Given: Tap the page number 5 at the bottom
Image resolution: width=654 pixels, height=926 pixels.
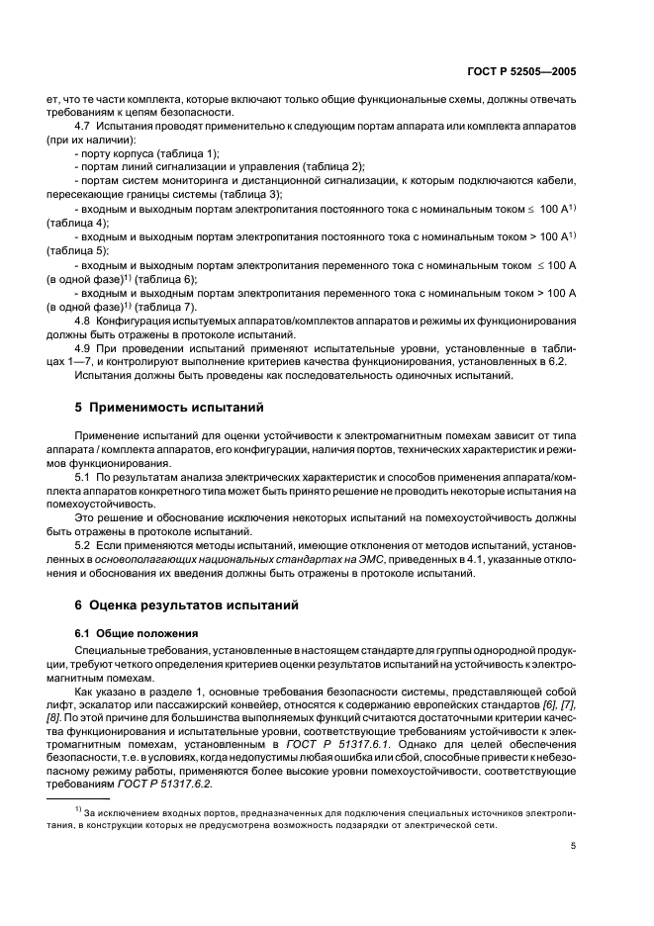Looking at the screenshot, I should tap(588, 873).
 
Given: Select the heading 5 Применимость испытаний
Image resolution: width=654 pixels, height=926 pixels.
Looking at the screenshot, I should tap(162, 408).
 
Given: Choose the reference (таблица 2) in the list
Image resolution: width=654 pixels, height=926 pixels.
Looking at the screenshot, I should tap(329, 168).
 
